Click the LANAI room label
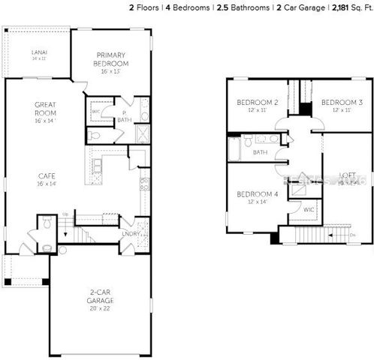39,52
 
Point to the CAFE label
46,178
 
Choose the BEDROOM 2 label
258,103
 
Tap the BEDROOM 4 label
258,194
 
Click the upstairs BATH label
260,152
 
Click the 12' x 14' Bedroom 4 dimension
258,202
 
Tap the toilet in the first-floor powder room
47,223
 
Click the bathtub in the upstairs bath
234,148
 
